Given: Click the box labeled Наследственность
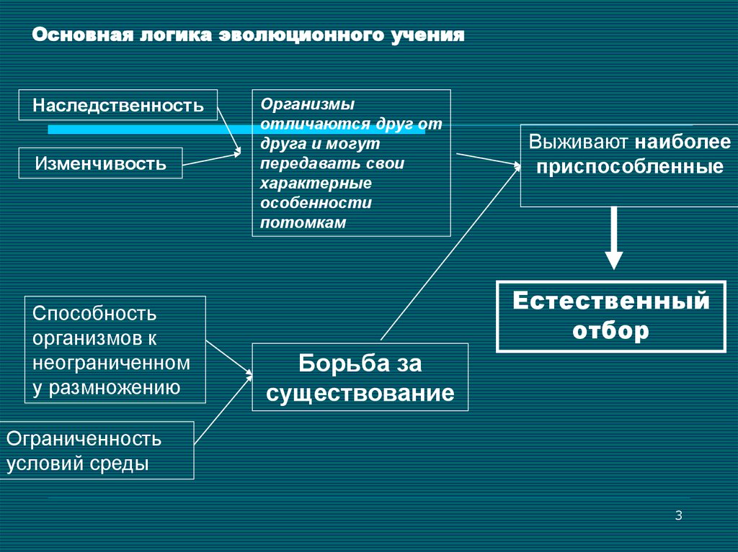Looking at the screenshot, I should (117, 106).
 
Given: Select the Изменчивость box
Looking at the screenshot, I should (100, 163).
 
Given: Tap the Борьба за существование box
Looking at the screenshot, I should (360, 378).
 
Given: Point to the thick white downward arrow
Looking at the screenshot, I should (613, 237).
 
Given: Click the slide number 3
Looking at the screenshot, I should (678, 515).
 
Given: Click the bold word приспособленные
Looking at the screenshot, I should (628, 168).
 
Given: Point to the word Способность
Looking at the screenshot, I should (94, 314).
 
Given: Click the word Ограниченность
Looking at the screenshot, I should (84, 438).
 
